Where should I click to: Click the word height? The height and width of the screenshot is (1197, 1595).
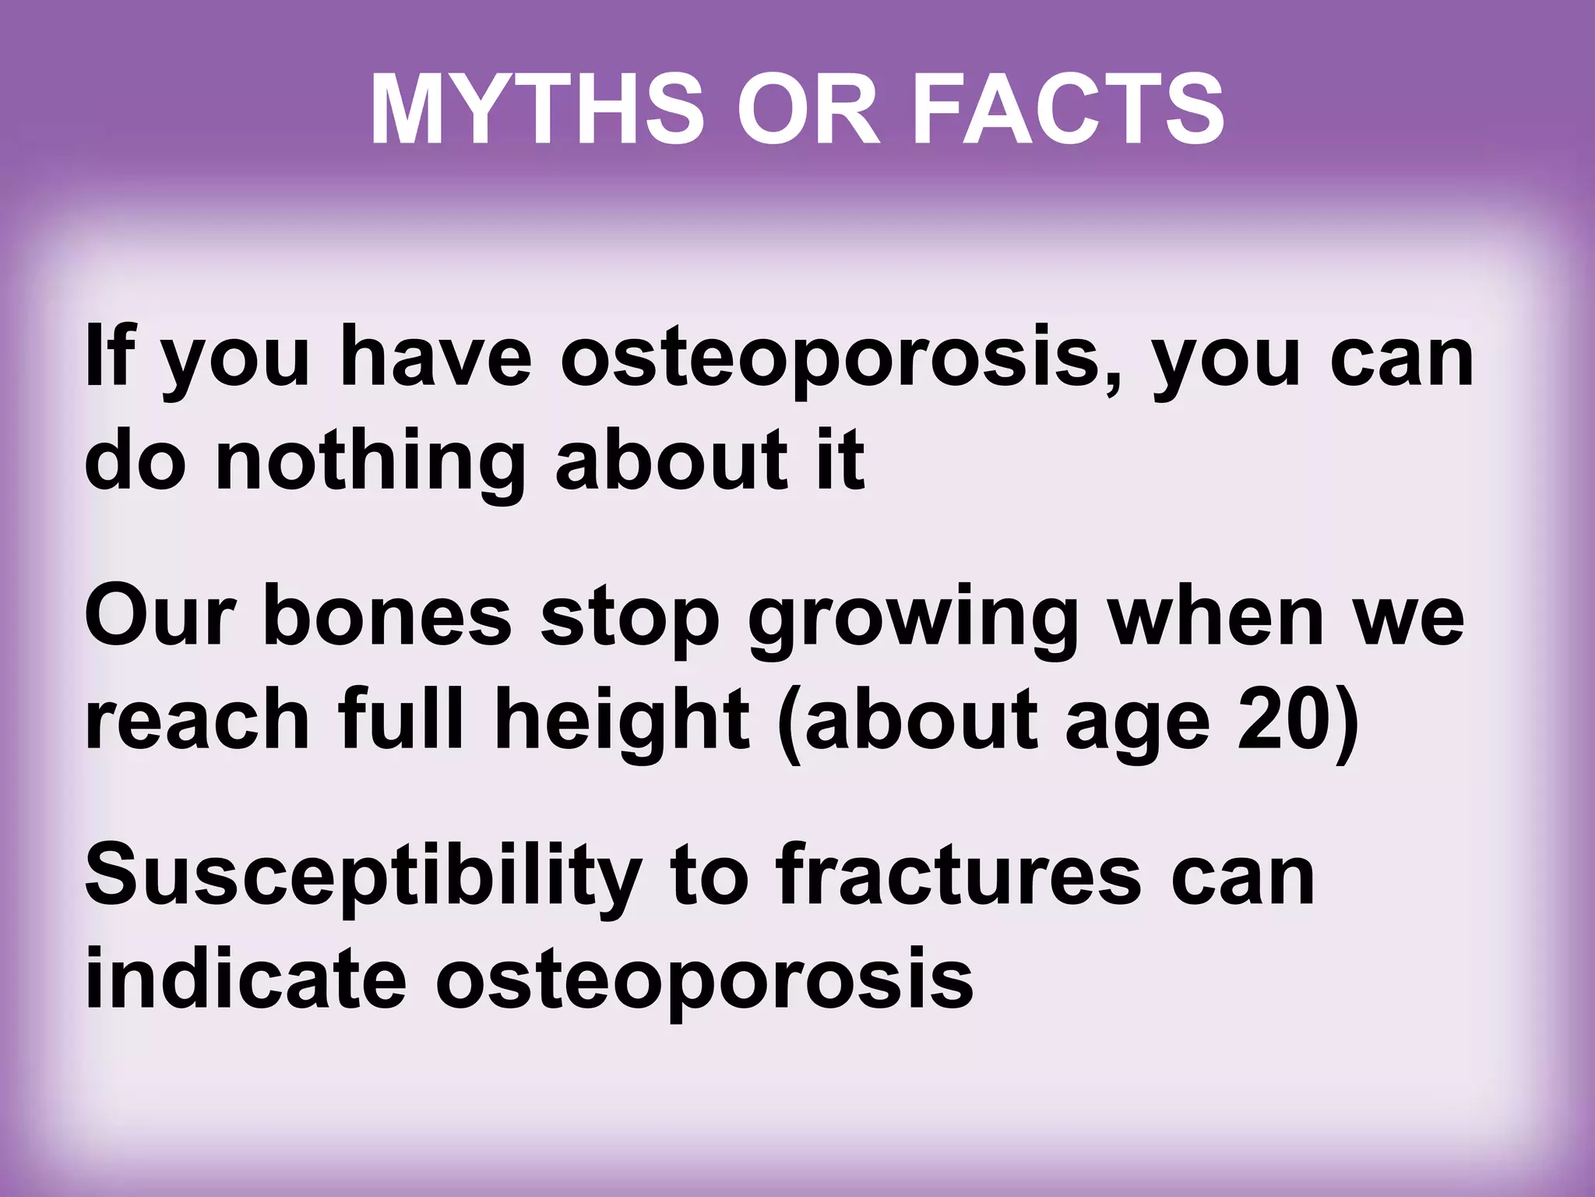[621, 721]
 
